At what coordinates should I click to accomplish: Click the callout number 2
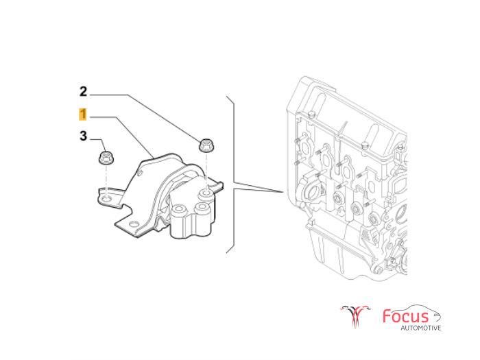pos(83,91)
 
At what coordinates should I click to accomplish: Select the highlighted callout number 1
pos(83,115)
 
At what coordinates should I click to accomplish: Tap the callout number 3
pos(83,136)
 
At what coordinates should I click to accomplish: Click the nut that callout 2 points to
pos(206,145)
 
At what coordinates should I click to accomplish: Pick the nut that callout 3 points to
pos(106,158)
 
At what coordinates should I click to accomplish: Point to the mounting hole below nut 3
pos(106,200)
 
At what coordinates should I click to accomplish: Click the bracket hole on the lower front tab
pos(132,223)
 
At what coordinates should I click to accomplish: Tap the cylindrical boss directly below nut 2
pos(206,194)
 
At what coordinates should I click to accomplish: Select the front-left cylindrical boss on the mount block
pos(178,211)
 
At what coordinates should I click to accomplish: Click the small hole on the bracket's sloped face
pos(140,174)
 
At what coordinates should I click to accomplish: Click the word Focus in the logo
pos(406,316)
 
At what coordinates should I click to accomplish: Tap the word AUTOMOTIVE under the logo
pos(421,328)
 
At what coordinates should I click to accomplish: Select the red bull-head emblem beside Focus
pos(355,316)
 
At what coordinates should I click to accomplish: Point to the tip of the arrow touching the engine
pos(283,192)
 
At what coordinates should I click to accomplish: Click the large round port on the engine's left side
pos(313,191)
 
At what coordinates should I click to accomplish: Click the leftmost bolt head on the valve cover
pos(311,114)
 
